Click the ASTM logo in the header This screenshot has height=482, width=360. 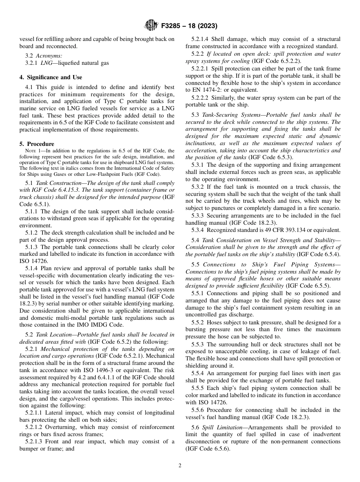pyautogui.click(x=152, y=26)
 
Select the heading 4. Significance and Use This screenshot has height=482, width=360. pyautogui.click(x=51, y=77)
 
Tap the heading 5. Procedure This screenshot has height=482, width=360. pyautogui.click(x=37, y=144)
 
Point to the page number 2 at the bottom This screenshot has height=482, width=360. pyautogui.click(x=180, y=466)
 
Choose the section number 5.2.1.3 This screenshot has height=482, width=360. pyautogui.click(x=34, y=441)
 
